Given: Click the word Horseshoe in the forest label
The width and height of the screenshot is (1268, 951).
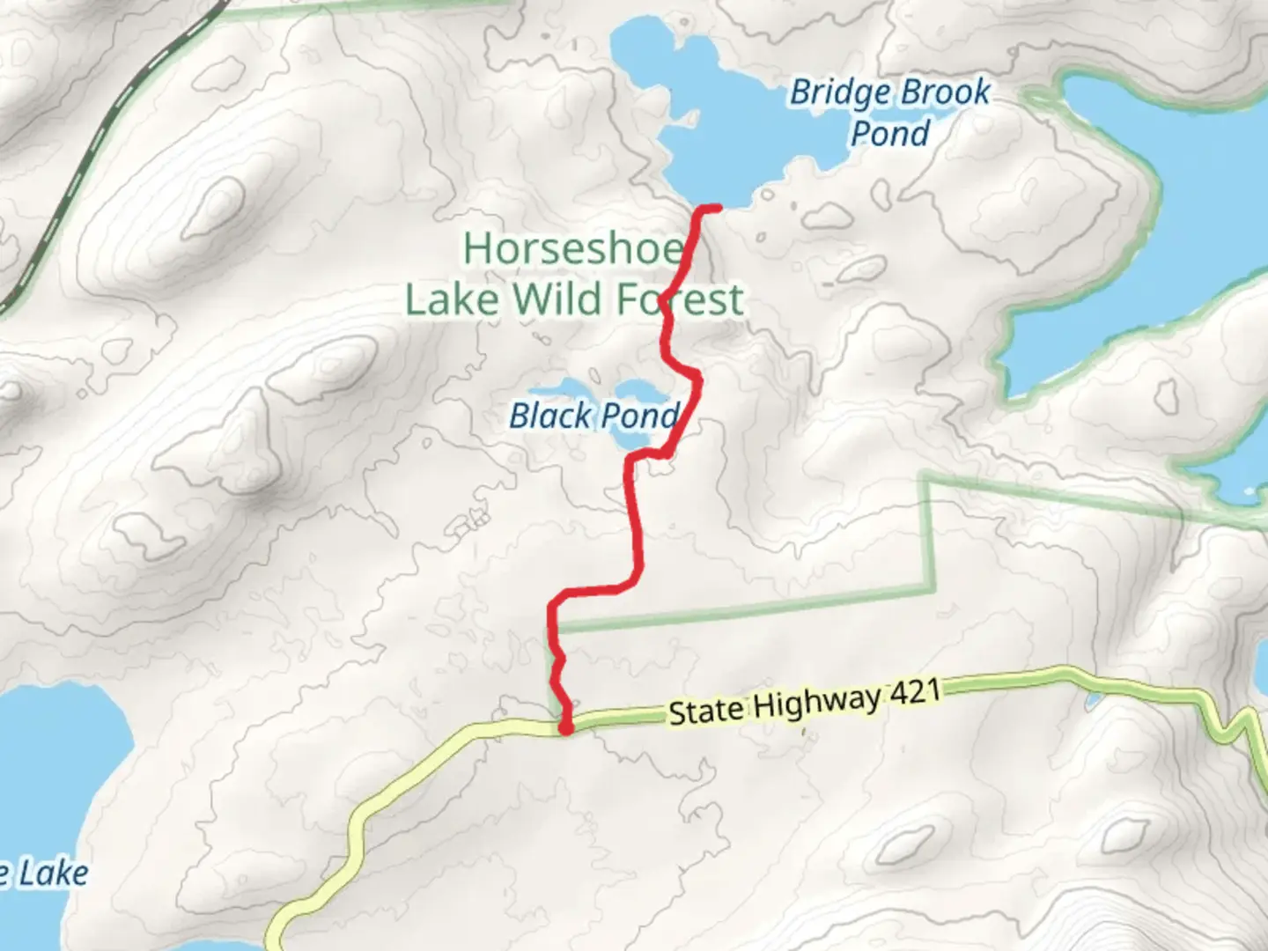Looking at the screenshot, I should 573,249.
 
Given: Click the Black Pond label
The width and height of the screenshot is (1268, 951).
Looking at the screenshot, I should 594,416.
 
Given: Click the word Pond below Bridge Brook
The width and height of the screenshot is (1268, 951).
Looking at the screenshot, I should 890,134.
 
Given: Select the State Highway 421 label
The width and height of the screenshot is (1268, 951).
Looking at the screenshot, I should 804,702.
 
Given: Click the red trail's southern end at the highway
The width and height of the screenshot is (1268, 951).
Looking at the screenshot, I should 566,727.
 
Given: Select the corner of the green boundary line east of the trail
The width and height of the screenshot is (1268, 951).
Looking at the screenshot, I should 926,480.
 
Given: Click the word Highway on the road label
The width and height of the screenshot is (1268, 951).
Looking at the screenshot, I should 816,702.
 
